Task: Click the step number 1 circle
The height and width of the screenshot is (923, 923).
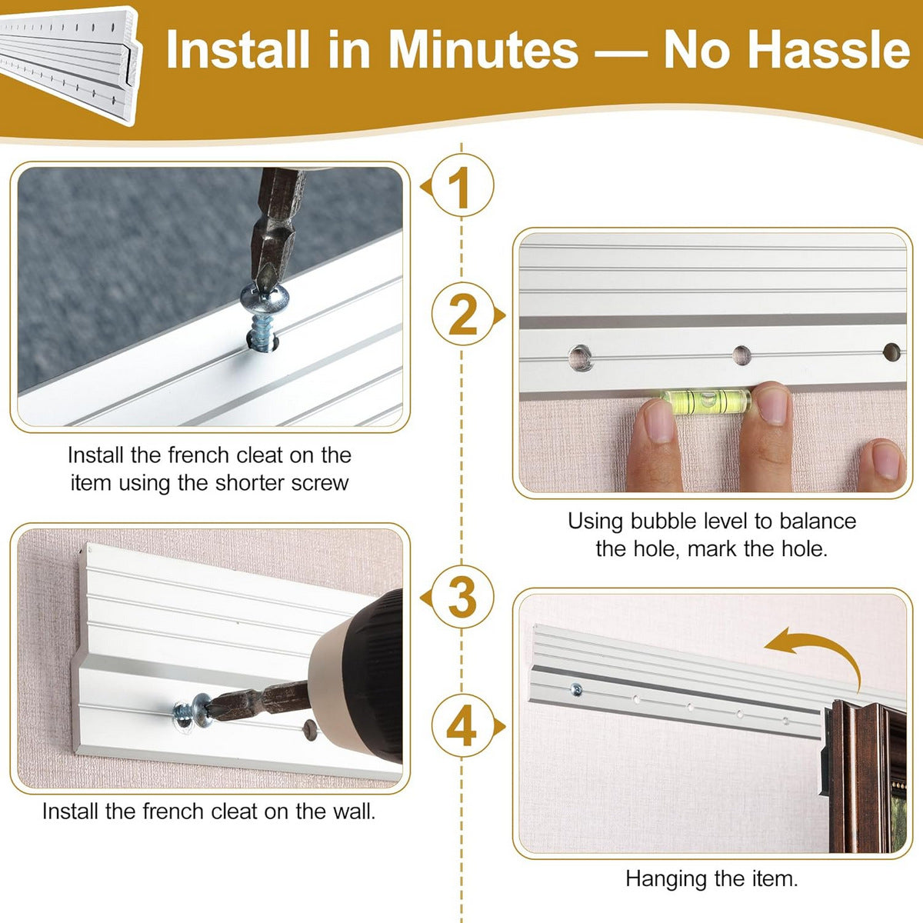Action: point(462,185)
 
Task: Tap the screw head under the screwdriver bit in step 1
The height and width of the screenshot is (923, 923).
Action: point(265,297)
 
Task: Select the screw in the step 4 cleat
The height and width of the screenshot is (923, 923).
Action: point(577,690)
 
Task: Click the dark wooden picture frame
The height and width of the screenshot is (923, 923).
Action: point(862,776)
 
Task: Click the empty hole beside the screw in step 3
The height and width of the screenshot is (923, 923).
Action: point(310,729)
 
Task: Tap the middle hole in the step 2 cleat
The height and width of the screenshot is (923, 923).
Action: point(741,355)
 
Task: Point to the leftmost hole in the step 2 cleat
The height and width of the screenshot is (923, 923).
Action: point(581,357)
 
